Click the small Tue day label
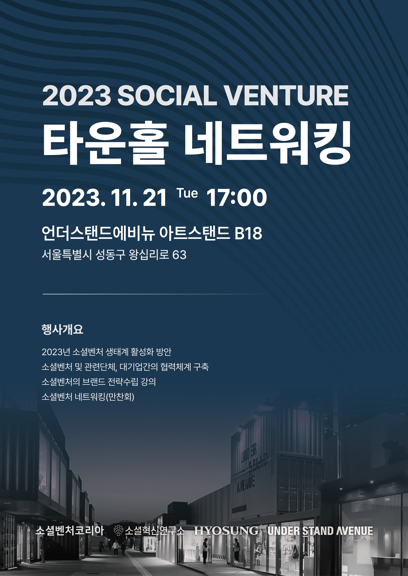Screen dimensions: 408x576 187,193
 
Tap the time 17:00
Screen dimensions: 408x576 236,198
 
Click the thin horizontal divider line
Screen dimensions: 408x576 158,294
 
